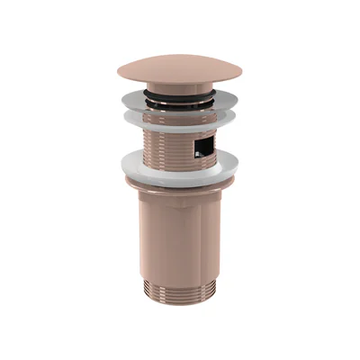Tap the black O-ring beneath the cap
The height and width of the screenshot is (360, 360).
coord(180,91)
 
